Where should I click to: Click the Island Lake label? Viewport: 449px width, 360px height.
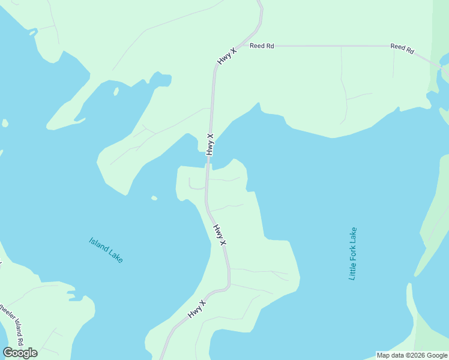(x=106, y=250)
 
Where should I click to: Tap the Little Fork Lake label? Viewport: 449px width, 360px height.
(x=353, y=253)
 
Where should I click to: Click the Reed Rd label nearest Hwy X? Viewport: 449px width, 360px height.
(x=262, y=46)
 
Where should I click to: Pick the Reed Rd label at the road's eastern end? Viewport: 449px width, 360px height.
(x=402, y=48)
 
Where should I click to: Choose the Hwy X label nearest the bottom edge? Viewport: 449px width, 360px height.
(x=196, y=309)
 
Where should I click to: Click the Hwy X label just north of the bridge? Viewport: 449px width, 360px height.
(x=210, y=144)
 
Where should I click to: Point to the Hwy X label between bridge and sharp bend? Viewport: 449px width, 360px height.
(x=220, y=234)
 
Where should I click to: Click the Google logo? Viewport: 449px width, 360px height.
(x=20, y=352)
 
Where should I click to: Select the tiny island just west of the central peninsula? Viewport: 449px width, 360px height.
(x=154, y=198)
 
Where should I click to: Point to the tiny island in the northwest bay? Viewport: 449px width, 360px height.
(x=116, y=92)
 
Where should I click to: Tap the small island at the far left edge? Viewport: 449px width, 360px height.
(x=5, y=123)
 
